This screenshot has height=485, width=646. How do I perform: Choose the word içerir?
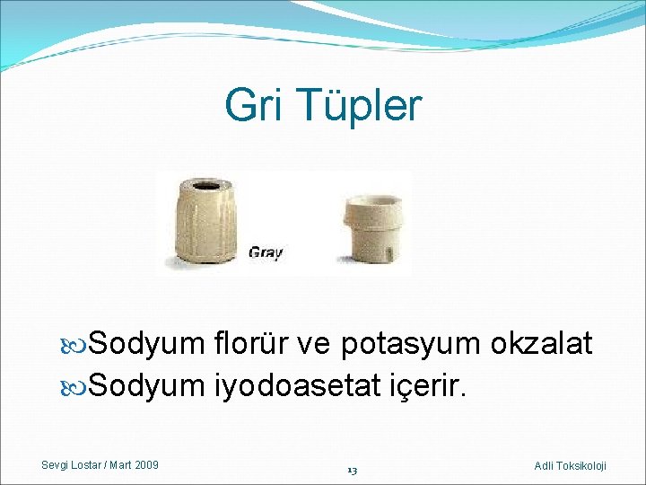429,385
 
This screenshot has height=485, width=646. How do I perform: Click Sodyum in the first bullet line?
147,343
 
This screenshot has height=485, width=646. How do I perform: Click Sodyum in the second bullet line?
147,385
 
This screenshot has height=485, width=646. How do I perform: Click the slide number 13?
353,469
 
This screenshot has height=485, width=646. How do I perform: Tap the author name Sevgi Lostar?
76,464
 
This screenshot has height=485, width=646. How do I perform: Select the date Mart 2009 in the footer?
137,464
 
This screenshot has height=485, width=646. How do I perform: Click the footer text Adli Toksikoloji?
570,465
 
